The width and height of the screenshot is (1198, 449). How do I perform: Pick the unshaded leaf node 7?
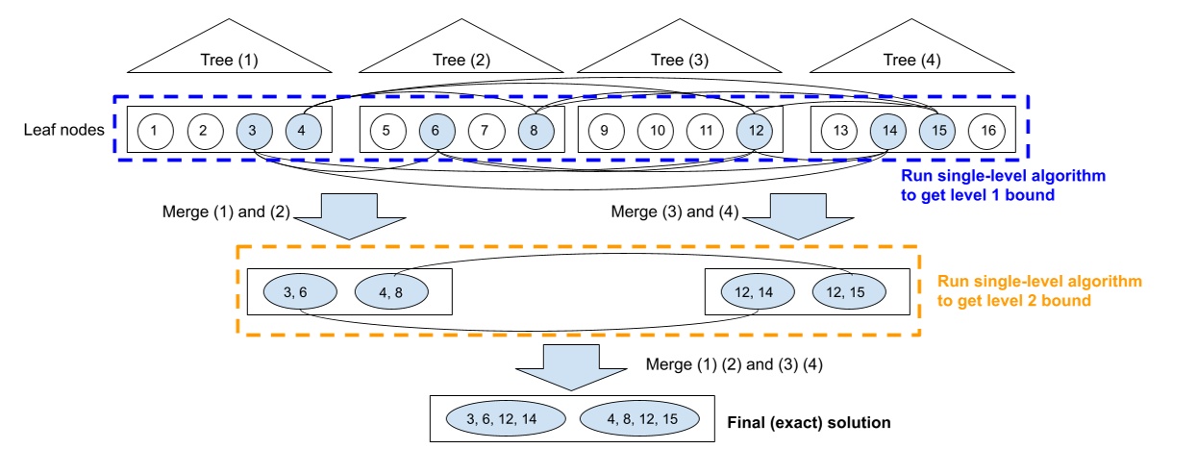pyautogui.click(x=486, y=129)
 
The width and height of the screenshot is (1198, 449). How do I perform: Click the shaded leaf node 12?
pyautogui.click(x=755, y=129)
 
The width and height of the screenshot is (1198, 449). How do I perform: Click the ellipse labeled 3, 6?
pyautogui.click(x=298, y=289)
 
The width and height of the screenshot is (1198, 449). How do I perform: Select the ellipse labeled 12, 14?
pyautogui.click(x=756, y=289)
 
